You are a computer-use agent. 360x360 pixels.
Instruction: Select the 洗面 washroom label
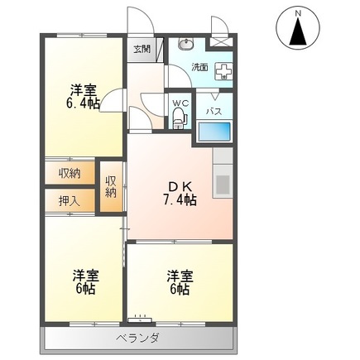[199, 66]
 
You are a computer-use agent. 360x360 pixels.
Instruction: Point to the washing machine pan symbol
[223, 72]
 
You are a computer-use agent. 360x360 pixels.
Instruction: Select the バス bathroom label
[213, 110]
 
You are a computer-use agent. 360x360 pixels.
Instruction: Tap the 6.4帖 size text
[83, 103]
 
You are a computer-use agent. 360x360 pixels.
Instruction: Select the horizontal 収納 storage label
[70, 173]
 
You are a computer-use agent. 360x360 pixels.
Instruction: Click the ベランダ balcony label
[137, 338]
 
